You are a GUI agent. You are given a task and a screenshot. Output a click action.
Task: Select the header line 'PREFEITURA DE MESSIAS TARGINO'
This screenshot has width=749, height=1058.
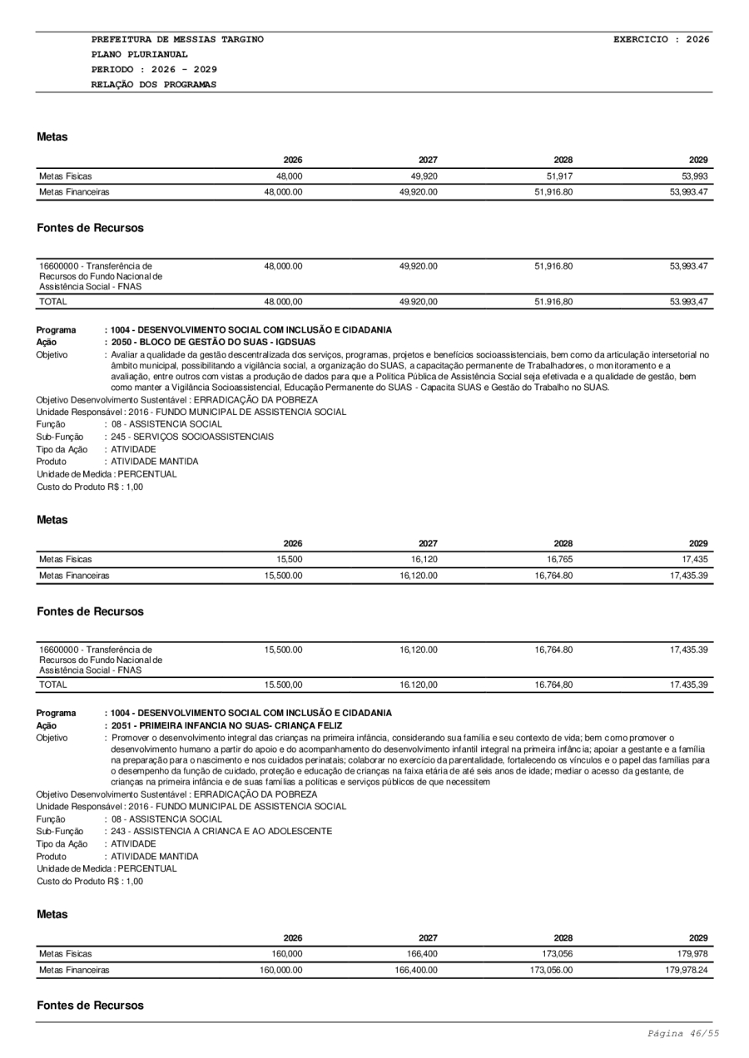tap(177, 40)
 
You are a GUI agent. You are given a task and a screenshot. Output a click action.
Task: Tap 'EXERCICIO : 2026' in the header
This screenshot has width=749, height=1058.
tap(661, 40)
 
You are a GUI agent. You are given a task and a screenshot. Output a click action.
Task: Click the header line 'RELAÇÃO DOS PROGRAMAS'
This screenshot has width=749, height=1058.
tap(154, 85)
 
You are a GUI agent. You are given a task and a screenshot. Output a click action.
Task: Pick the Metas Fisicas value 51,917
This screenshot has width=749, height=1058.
tap(558, 176)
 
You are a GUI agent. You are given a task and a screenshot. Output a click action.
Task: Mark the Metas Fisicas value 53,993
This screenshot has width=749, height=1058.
tap(694, 176)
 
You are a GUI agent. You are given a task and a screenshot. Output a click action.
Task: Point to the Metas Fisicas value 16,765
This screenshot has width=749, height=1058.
tap(558, 560)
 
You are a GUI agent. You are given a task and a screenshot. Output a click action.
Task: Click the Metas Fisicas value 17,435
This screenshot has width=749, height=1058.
tap(694, 560)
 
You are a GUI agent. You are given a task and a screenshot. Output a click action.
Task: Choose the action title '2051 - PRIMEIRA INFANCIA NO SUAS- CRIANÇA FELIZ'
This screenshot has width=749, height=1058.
tap(226, 726)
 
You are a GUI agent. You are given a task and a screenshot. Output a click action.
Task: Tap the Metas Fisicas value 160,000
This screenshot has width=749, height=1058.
tap(285, 954)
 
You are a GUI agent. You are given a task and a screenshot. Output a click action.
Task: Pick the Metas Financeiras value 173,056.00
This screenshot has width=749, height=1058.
tap(549, 970)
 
